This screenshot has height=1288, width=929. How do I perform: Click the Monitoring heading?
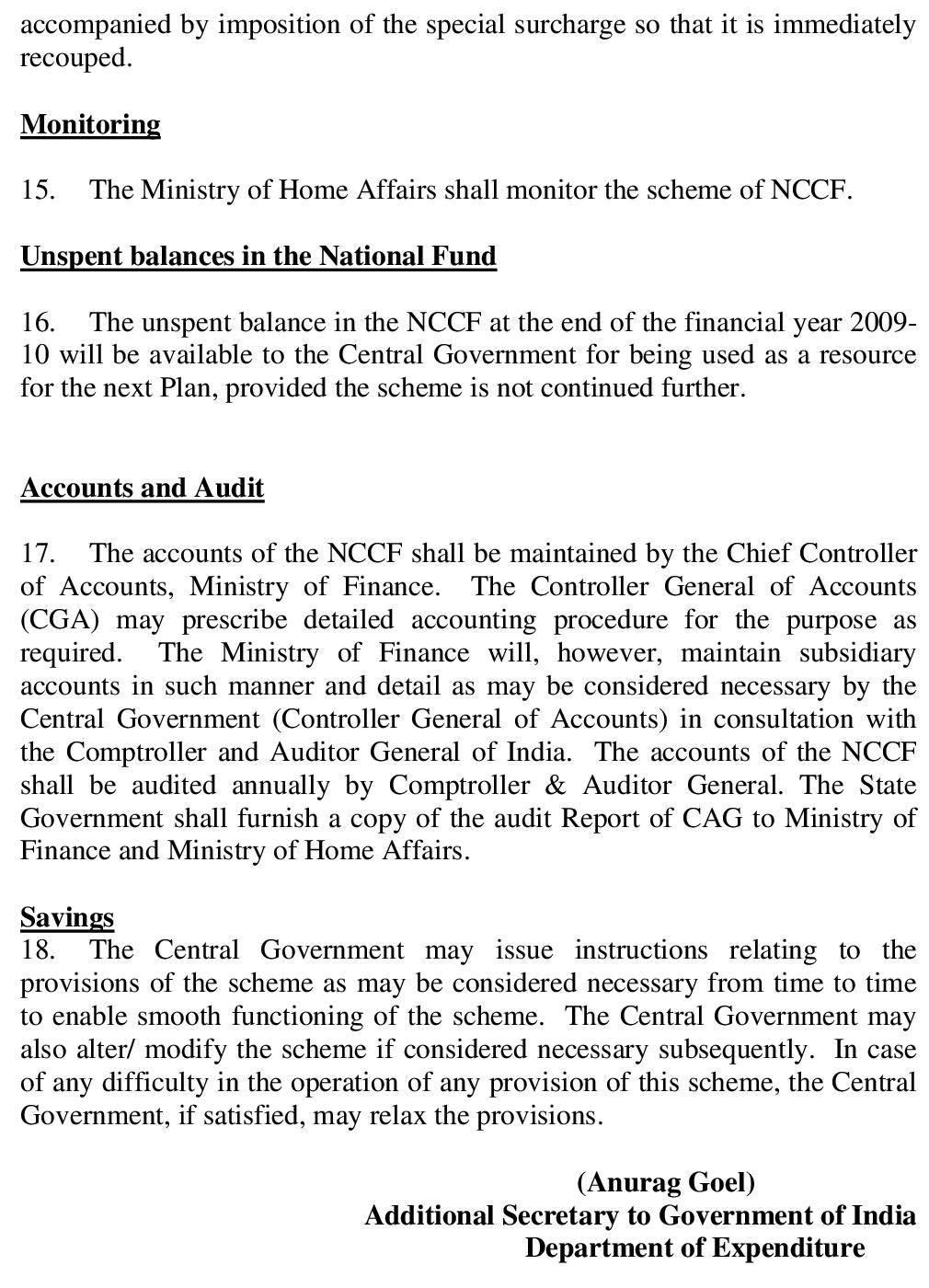(90, 124)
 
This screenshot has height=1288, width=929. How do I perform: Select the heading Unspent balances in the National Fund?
(258, 256)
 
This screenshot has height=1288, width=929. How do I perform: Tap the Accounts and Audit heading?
(143, 488)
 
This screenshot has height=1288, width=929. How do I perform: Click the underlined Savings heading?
(67, 917)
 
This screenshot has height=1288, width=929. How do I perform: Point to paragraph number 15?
(37, 190)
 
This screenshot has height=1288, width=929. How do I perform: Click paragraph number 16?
(37, 323)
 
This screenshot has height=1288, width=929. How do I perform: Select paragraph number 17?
(37, 554)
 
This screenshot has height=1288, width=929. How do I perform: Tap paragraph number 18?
(37, 950)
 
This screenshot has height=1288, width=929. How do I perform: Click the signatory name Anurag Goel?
(666, 1182)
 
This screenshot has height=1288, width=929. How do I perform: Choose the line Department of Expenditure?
(694, 1248)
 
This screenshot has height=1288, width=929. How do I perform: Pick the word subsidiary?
(857, 653)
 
